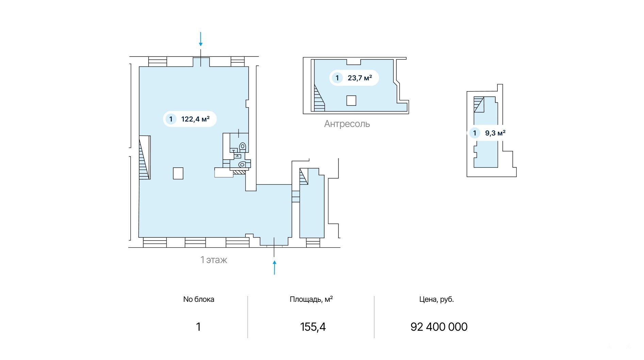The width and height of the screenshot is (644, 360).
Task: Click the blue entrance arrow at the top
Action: (201, 39)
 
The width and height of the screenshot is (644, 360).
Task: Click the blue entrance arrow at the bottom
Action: (274, 267)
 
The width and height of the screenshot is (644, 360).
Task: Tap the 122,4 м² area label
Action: (195, 119)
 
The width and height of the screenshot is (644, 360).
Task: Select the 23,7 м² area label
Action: (360, 78)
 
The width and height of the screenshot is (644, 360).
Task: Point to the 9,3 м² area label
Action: (495, 133)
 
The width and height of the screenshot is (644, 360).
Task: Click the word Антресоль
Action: (347, 124)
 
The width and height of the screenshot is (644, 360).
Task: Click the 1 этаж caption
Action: (214, 260)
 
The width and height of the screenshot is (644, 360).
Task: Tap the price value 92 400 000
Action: (439, 327)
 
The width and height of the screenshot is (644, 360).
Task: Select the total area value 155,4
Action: (313, 327)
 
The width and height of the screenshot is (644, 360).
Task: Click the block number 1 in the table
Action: (198, 327)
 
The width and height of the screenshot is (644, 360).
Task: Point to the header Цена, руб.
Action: (436, 299)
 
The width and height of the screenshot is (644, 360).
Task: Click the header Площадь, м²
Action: (311, 299)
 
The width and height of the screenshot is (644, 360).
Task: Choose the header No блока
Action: (199, 299)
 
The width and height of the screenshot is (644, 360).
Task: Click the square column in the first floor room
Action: (178, 173)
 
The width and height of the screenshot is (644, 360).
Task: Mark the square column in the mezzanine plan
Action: (351, 101)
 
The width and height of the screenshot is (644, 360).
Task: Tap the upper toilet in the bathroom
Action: (243, 147)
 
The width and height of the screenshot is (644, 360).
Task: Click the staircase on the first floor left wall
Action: (145, 157)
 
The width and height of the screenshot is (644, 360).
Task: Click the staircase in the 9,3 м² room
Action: (479, 104)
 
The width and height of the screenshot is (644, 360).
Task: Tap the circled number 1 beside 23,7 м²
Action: (337, 78)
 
